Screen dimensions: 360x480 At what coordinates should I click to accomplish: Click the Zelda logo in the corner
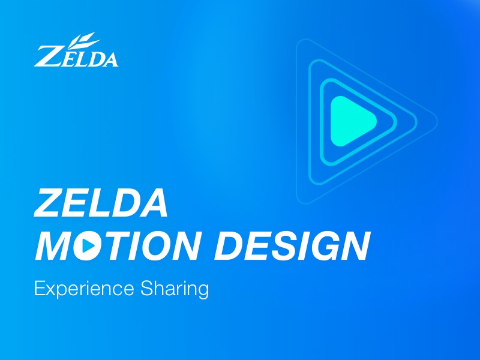[x=76, y=53]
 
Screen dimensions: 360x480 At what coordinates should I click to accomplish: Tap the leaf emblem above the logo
[x=82, y=39]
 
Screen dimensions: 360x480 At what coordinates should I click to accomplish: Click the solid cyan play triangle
[x=350, y=121]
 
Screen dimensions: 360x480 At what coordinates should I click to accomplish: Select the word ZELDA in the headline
[x=101, y=203]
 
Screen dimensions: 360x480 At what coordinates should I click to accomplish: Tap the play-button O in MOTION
[x=88, y=245]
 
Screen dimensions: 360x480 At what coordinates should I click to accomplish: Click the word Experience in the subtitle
[x=84, y=289]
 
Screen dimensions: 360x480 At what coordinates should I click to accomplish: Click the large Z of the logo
[x=47, y=55]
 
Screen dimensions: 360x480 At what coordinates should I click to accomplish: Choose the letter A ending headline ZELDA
[x=153, y=203]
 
